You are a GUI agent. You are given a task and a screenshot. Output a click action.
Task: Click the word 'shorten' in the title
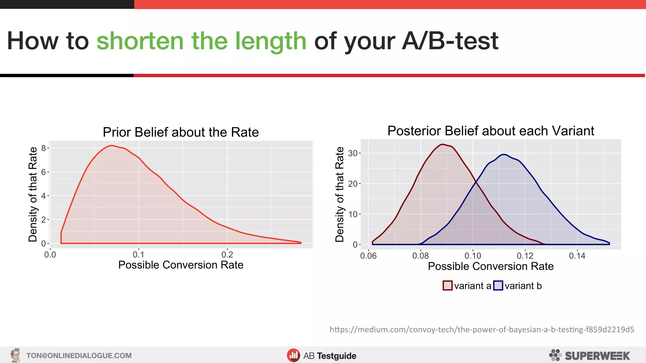[140, 41]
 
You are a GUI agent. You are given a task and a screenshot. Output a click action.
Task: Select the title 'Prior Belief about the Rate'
[181, 132]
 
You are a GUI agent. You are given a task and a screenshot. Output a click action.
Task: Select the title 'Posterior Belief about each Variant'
[490, 131]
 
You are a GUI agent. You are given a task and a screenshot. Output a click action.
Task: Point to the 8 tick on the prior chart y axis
[44, 148]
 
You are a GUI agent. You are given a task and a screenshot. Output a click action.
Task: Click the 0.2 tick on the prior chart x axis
[227, 254]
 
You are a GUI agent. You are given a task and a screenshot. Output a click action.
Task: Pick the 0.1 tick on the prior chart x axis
[138, 254]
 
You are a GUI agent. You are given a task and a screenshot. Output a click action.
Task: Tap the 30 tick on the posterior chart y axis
[352, 153]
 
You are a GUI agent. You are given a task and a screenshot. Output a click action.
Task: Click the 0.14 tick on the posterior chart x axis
[577, 256]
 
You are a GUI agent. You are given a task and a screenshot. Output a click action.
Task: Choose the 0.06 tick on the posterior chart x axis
[368, 256]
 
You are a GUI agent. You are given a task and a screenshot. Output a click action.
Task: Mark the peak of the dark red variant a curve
[443, 145]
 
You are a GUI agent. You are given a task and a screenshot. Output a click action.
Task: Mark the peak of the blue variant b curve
[504, 154]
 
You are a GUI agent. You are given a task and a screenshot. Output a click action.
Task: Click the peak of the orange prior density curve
[111, 146]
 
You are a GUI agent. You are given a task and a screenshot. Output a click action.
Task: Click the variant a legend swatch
[447, 285]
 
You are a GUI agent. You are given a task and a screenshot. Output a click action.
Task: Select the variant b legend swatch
[498, 285]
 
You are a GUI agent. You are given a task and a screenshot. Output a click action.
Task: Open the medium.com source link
[482, 330]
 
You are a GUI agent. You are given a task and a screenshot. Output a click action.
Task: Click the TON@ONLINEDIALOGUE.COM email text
[79, 356]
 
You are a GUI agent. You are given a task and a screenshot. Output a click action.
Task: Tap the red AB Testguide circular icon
[293, 355]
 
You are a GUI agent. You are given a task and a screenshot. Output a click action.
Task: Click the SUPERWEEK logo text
[597, 356]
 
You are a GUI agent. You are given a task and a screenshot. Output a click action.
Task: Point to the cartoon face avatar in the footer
[15, 355]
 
